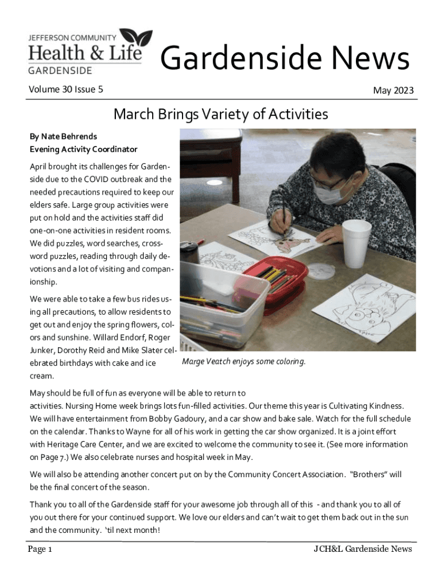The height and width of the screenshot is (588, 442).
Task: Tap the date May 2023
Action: click(393, 91)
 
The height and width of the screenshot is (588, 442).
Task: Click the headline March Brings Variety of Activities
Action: click(221, 114)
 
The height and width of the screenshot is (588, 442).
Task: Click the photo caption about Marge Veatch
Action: click(244, 362)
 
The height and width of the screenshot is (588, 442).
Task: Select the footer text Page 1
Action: click(40, 550)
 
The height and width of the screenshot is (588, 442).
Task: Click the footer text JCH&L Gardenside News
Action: click(362, 549)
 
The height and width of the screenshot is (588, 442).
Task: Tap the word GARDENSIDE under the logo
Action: click(60, 71)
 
